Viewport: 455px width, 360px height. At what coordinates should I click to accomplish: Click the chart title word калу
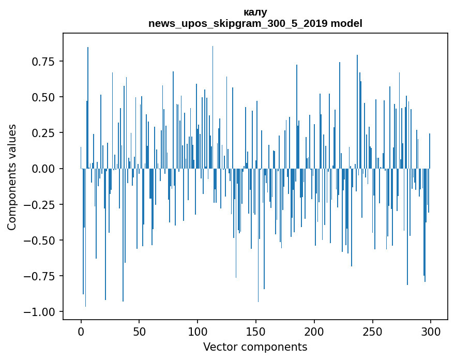pyautogui.click(x=255, y=12)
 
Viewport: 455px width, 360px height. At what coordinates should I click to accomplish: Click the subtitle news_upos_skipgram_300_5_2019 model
pyautogui.click(x=255, y=23)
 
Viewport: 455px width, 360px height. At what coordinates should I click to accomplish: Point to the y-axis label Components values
pyautogui.click(x=12, y=177)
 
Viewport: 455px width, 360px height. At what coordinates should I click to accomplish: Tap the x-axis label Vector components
pyautogui.click(x=255, y=347)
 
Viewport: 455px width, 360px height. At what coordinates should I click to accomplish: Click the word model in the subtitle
pyautogui.click(x=346, y=23)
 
